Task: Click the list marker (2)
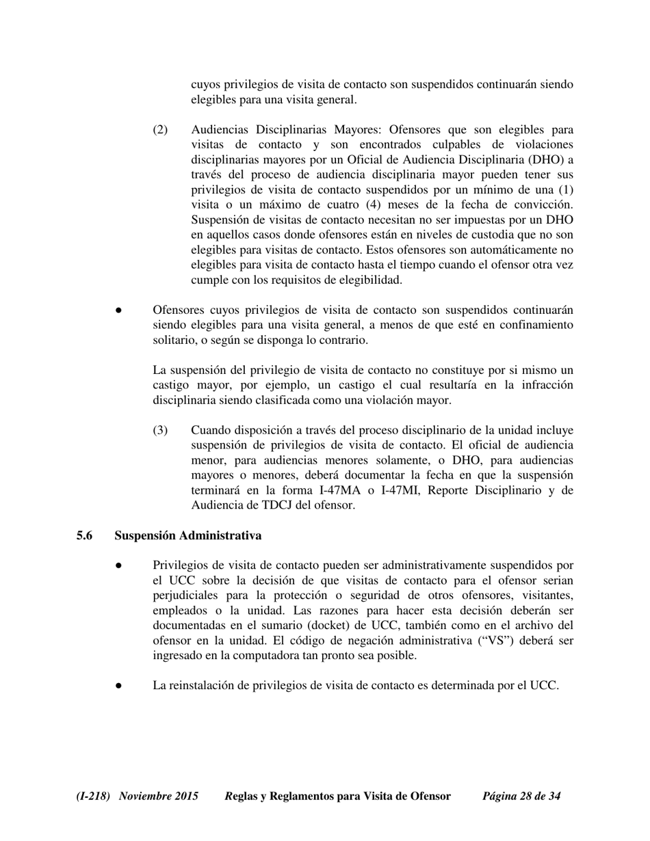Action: [x=159, y=130]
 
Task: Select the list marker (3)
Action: [x=159, y=430]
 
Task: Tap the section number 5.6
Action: [x=84, y=535]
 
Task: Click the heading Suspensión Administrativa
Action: [x=187, y=535]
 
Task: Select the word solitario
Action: [x=174, y=340]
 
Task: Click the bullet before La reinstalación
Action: [x=118, y=686]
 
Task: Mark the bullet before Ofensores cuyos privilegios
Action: [x=118, y=310]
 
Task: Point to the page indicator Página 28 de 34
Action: [x=521, y=796]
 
